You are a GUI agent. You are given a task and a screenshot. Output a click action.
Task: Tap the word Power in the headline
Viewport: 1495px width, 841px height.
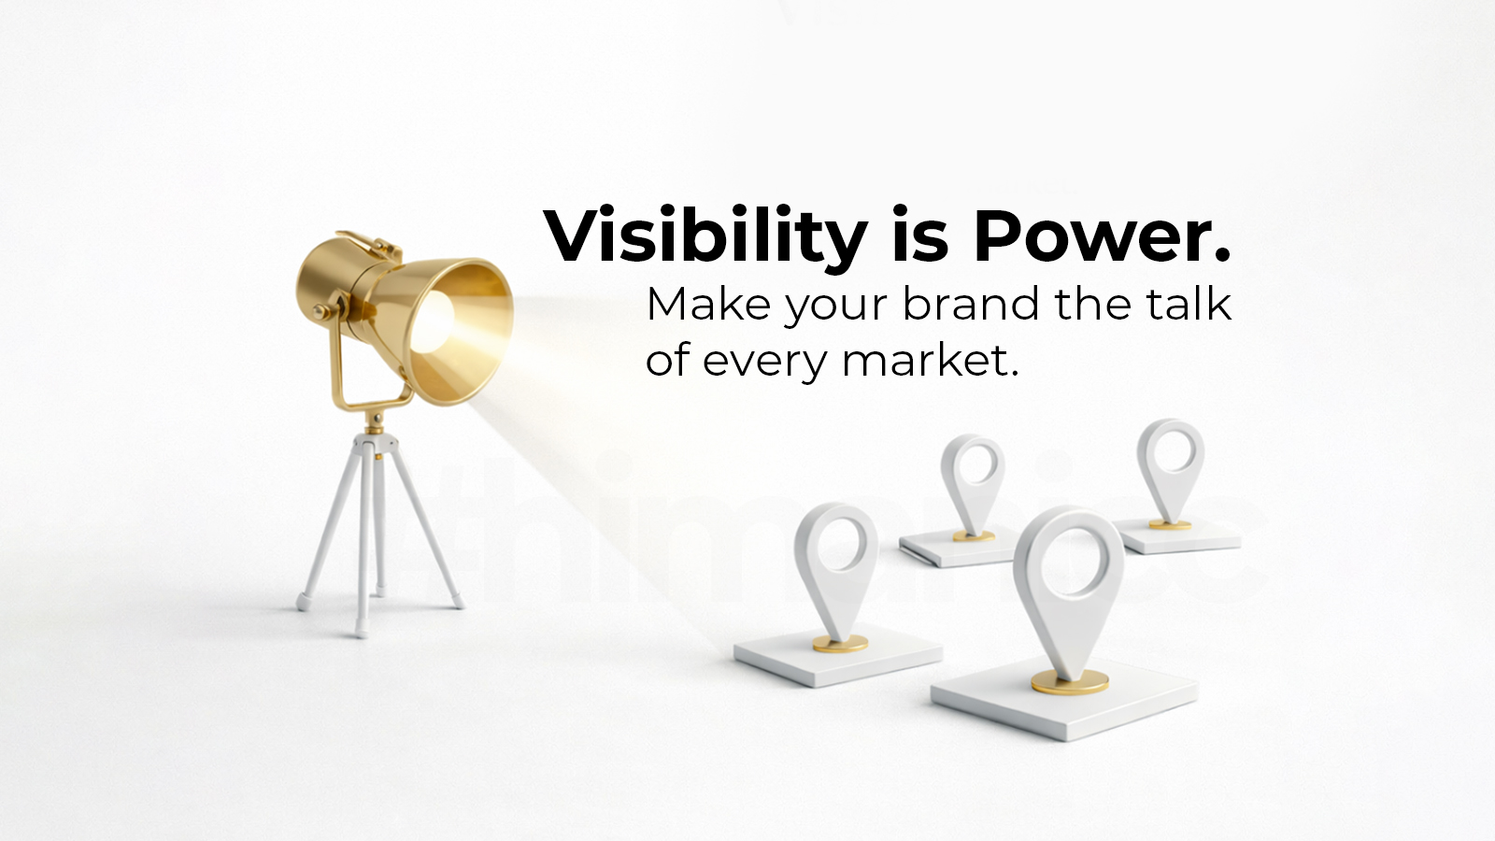pyautogui.click(x=1102, y=236)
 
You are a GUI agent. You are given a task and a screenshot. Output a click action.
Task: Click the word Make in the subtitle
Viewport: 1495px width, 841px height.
pyautogui.click(x=708, y=305)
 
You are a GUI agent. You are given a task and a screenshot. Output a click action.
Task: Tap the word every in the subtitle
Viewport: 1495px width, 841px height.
pyautogui.click(x=763, y=362)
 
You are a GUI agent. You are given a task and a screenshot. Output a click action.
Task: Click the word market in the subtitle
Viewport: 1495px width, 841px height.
pyautogui.click(x=929, y=362)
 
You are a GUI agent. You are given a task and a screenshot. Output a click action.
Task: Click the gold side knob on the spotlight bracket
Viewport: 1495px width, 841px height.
pyautogui.click(x=320, y=310)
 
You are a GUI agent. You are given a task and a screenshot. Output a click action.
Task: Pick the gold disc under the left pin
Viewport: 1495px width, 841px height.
pyautogui.click(x=838, y=643)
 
